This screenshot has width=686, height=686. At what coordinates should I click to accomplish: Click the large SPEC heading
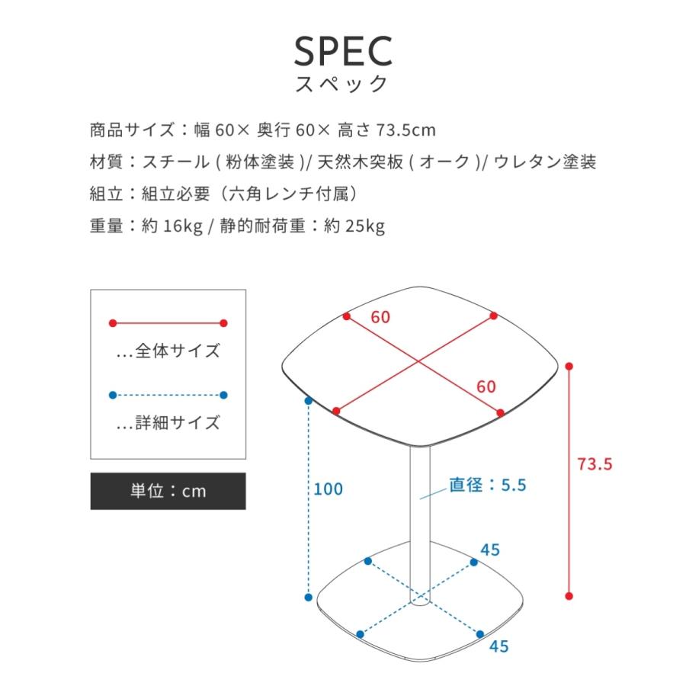(x=343, y=50)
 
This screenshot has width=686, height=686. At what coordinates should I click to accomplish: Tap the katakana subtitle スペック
(x=343, y=84)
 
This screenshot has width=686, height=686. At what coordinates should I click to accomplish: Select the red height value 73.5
(x=595, y=463)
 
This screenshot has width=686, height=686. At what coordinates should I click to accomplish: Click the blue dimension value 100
(x=329, y=489)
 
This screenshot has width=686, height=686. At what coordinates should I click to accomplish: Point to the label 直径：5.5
(x=488, y=485)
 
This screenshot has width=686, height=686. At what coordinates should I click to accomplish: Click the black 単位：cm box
(x=168, y=491)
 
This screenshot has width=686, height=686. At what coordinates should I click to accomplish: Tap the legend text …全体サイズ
(x=168, y=351)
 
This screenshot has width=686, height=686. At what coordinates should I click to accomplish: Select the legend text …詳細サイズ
(x=168, y=422)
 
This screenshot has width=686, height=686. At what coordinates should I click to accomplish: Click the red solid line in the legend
(x=168, y=323)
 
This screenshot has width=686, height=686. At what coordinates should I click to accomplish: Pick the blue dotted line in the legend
(x=168, y=395)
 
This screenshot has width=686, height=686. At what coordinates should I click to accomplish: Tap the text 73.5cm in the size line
(x=406, y=130)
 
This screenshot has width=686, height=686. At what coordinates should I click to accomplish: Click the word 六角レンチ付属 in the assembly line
(x=292, y=194)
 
